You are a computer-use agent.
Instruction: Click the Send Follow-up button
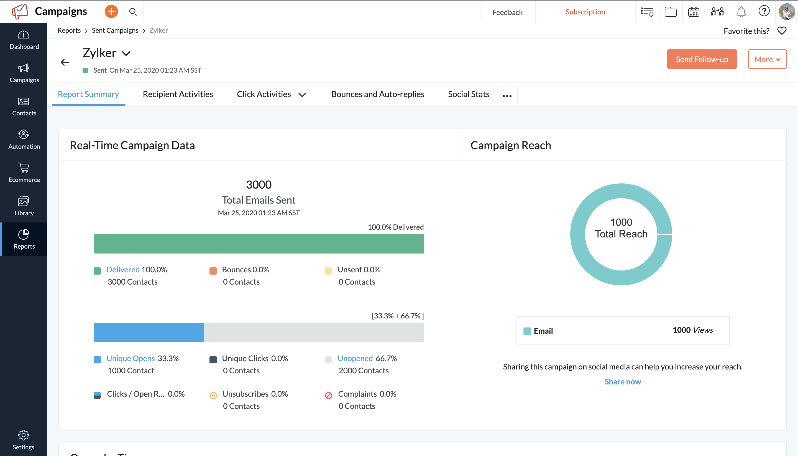pos(702,59)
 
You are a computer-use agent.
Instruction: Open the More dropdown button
pos(767,59)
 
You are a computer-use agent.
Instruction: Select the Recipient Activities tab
pos(178,94)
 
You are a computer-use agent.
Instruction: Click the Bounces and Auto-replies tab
pos(378,94)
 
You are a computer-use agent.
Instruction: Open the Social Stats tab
pos(468,94)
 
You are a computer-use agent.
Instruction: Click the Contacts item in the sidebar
pos(24,107)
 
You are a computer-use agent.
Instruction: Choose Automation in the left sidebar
pos(24,140)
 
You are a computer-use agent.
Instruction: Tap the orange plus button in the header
pos(111,12)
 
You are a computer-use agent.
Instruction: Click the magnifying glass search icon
pos(133,12)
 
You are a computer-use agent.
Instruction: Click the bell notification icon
pos(741,12)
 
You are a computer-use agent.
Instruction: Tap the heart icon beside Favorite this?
pos(782,31)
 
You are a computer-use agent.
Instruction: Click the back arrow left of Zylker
pos(65,62)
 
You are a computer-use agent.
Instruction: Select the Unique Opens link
pos(131,358)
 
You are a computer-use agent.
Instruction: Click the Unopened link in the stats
pos(355,358)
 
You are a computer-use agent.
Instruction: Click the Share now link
pos(623,381)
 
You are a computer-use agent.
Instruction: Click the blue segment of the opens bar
pos(149,332)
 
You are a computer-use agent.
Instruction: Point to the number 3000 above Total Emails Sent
pos(259,184)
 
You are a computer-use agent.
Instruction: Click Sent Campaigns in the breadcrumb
pos(115,31)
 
